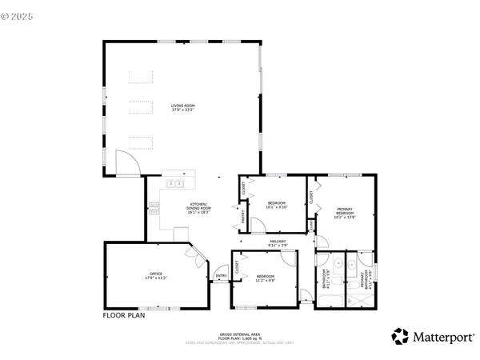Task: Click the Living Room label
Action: tap(182, 107)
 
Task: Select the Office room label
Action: tap(145, 277)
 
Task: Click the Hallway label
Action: tap(278, 242)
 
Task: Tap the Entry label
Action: tap(221, 277)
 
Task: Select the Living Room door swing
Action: tap(126, 164)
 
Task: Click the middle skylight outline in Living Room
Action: tap(140, 110)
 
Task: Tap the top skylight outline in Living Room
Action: tap(140, 77)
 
